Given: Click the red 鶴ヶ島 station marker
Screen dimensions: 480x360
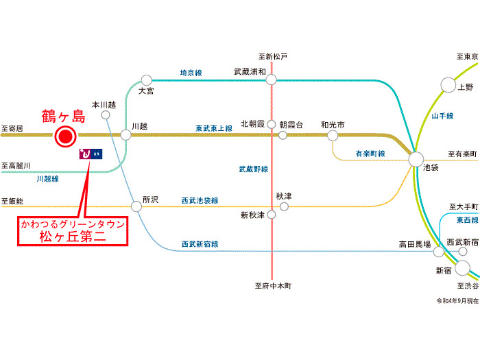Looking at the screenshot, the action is pos(66,136).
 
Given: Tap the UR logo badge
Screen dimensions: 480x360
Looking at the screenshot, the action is pos(91,154).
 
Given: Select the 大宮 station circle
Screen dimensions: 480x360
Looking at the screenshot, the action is pos(147,80).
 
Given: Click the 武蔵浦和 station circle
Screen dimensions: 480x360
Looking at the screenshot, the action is pos(272,80).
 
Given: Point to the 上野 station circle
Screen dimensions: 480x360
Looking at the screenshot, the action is pos(448,85).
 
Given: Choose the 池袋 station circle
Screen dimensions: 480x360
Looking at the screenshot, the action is pos(416,160).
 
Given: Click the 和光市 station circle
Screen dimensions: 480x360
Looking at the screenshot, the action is pos(333,135).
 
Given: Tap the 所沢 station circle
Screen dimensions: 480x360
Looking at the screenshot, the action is pos(136,206).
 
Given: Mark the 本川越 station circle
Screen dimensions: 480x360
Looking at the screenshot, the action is pos(106,115).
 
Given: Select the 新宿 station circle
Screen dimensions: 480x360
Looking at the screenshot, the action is pos(463,268).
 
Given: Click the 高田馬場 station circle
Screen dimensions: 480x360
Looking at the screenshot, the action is pos(439,252).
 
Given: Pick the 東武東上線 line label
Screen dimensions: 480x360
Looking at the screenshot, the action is pos(214,128).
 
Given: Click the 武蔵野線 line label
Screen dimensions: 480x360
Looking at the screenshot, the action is pos(254,169).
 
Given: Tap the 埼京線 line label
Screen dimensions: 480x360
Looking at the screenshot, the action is pos(191,73).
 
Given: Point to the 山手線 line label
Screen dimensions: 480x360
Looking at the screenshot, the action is pos(442,116).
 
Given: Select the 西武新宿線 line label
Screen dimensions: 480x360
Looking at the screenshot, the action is pos(200,244).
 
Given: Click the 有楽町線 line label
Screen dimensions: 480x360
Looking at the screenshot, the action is pos(370,154).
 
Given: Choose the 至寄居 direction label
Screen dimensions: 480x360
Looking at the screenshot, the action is pos(12,129).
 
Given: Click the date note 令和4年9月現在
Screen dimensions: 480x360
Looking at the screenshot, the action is pos(457,301).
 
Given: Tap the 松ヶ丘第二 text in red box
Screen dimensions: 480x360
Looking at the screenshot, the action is pos(73,237).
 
